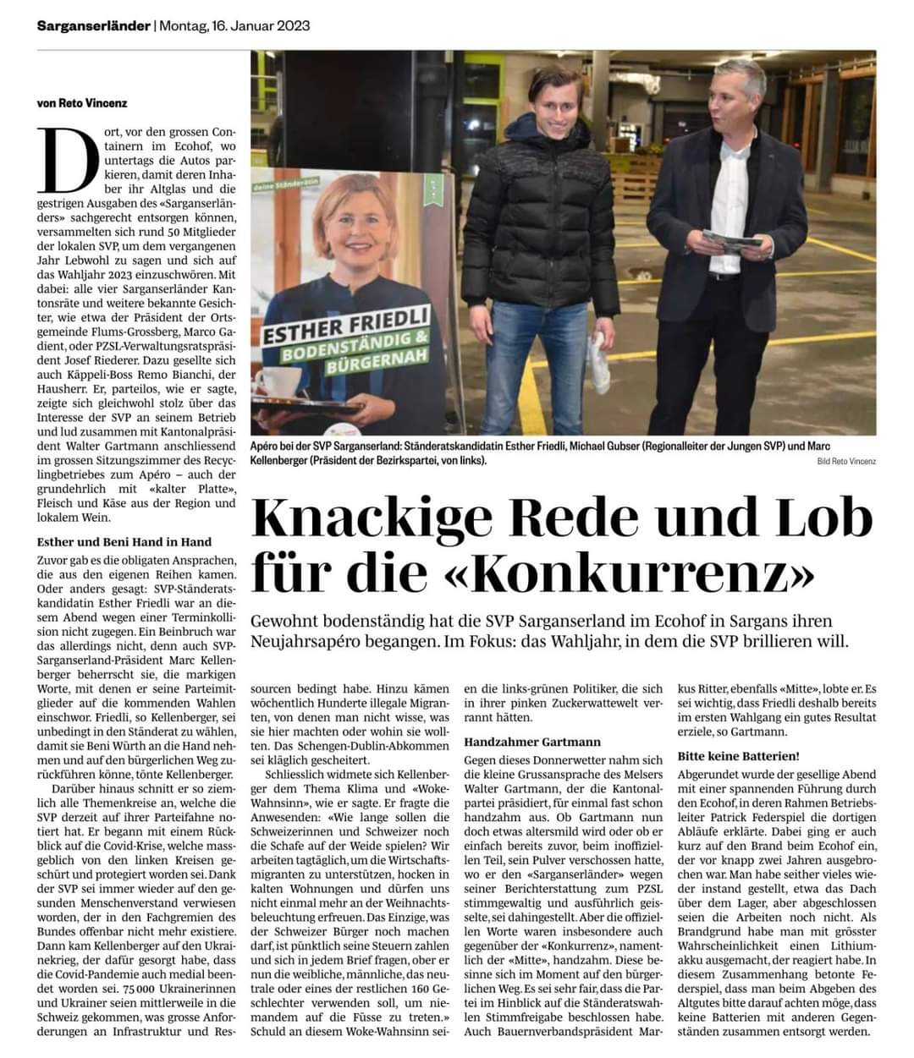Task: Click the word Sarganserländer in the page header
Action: [93, 26]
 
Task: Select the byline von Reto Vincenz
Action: [81, 103]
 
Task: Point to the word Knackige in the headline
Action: [381, 518]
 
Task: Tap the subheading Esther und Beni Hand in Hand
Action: [124, 541]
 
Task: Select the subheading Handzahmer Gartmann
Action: [532, 741]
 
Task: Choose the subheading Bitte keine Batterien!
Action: [739, 755]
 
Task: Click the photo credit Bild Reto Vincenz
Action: [846, 461]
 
